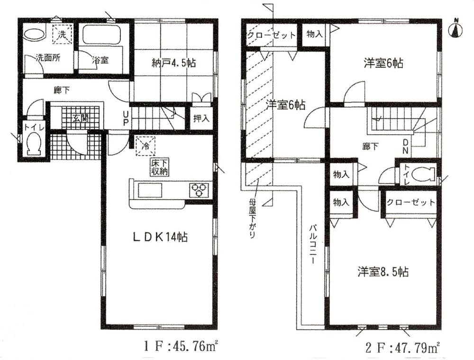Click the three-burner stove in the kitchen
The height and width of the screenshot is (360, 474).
click(x=199, y=190)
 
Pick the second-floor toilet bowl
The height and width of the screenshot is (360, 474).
click(x=423, y=174)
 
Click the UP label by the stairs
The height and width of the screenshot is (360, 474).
click(x=125, y=119)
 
